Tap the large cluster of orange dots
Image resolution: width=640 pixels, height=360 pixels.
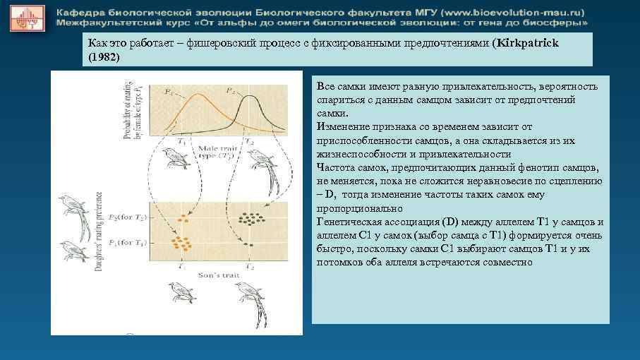(182, 244)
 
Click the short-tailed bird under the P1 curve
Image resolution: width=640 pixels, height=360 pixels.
(179, 161)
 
